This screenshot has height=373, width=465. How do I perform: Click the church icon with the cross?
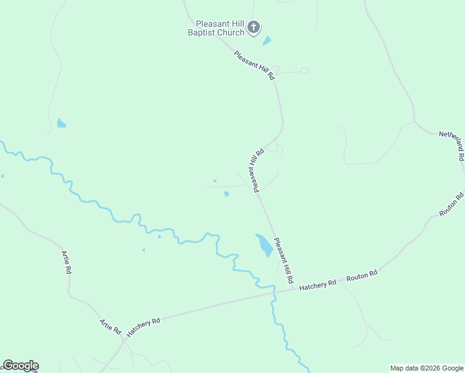[253, 27]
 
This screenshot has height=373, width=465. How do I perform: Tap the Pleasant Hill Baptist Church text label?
[217, 27]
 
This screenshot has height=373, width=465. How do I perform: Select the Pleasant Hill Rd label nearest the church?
[254, 65]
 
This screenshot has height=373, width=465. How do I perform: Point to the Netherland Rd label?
[452, 145]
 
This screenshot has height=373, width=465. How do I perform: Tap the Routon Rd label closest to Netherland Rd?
[451, 205]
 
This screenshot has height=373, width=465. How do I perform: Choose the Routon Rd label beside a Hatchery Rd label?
[362, 275]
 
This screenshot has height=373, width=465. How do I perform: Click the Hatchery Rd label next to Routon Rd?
[318, 284]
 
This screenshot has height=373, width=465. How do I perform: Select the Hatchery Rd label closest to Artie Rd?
[143, 327]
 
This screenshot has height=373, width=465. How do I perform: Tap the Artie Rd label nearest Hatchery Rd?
[110, 326]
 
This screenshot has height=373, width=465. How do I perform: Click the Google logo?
[20, 366]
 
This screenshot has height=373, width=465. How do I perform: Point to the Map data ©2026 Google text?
[426, 368]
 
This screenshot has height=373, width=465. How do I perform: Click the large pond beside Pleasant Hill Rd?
[264, 245]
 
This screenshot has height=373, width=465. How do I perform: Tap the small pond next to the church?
[267, 41]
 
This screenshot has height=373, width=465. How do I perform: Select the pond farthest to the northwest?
[61, 123]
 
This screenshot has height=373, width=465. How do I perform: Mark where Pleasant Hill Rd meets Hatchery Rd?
[293, 288]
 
